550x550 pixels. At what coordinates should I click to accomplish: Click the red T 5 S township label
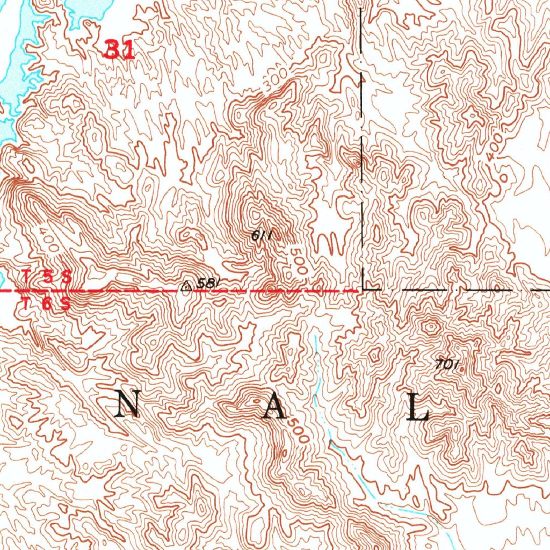click(46, 277)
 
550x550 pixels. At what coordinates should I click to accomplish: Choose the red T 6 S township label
click(46, 303)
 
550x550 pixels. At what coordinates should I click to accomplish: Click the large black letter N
click(129, 404)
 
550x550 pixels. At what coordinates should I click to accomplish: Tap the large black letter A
click(272, 408)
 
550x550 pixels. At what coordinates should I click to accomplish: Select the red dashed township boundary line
click(134, 291)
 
